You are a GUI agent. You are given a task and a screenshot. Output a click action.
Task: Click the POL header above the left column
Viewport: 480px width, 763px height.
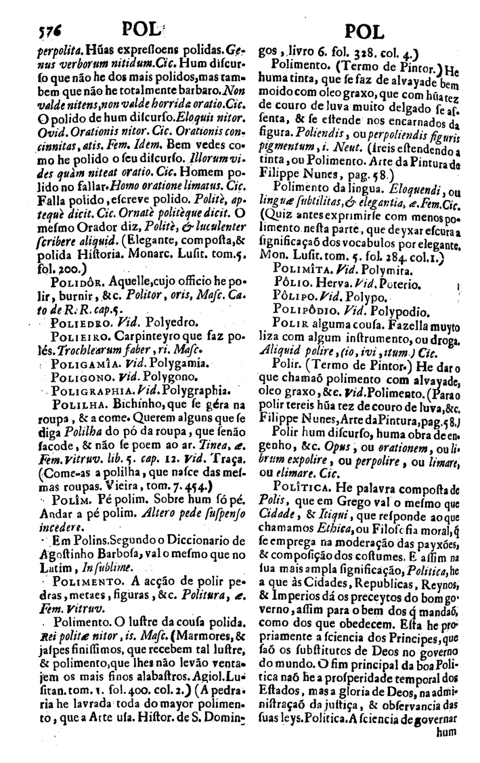[x=145, y=28]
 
